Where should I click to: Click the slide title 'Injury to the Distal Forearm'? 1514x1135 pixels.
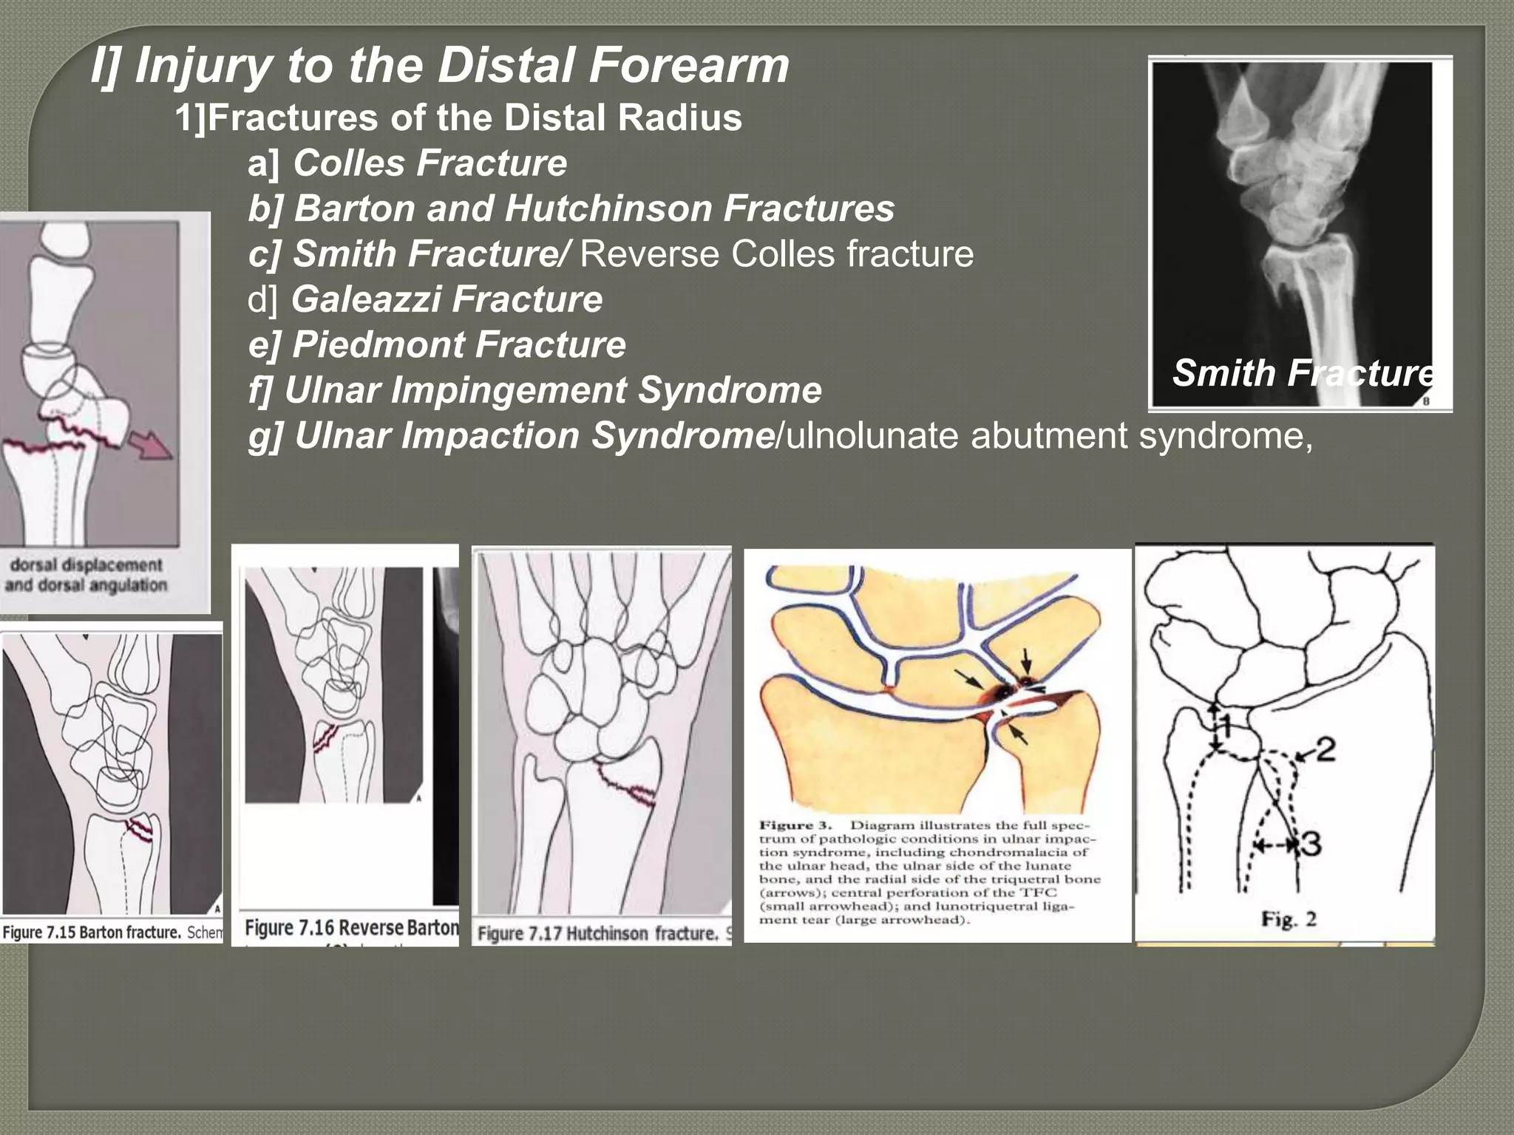(441, 65)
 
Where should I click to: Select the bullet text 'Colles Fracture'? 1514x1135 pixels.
(430, 163)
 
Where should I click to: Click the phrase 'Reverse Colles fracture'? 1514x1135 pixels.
(776, 254)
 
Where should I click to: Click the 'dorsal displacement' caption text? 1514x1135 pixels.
(86, 565)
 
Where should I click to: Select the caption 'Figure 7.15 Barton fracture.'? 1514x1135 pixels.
(92, 933)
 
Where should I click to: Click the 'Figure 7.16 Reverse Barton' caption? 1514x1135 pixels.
(350, 927)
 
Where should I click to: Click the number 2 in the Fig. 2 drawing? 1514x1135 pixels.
(1325, 750)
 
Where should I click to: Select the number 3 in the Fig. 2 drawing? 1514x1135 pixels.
(1311, 843)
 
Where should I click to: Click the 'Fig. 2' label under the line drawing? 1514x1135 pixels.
(1289, 920)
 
